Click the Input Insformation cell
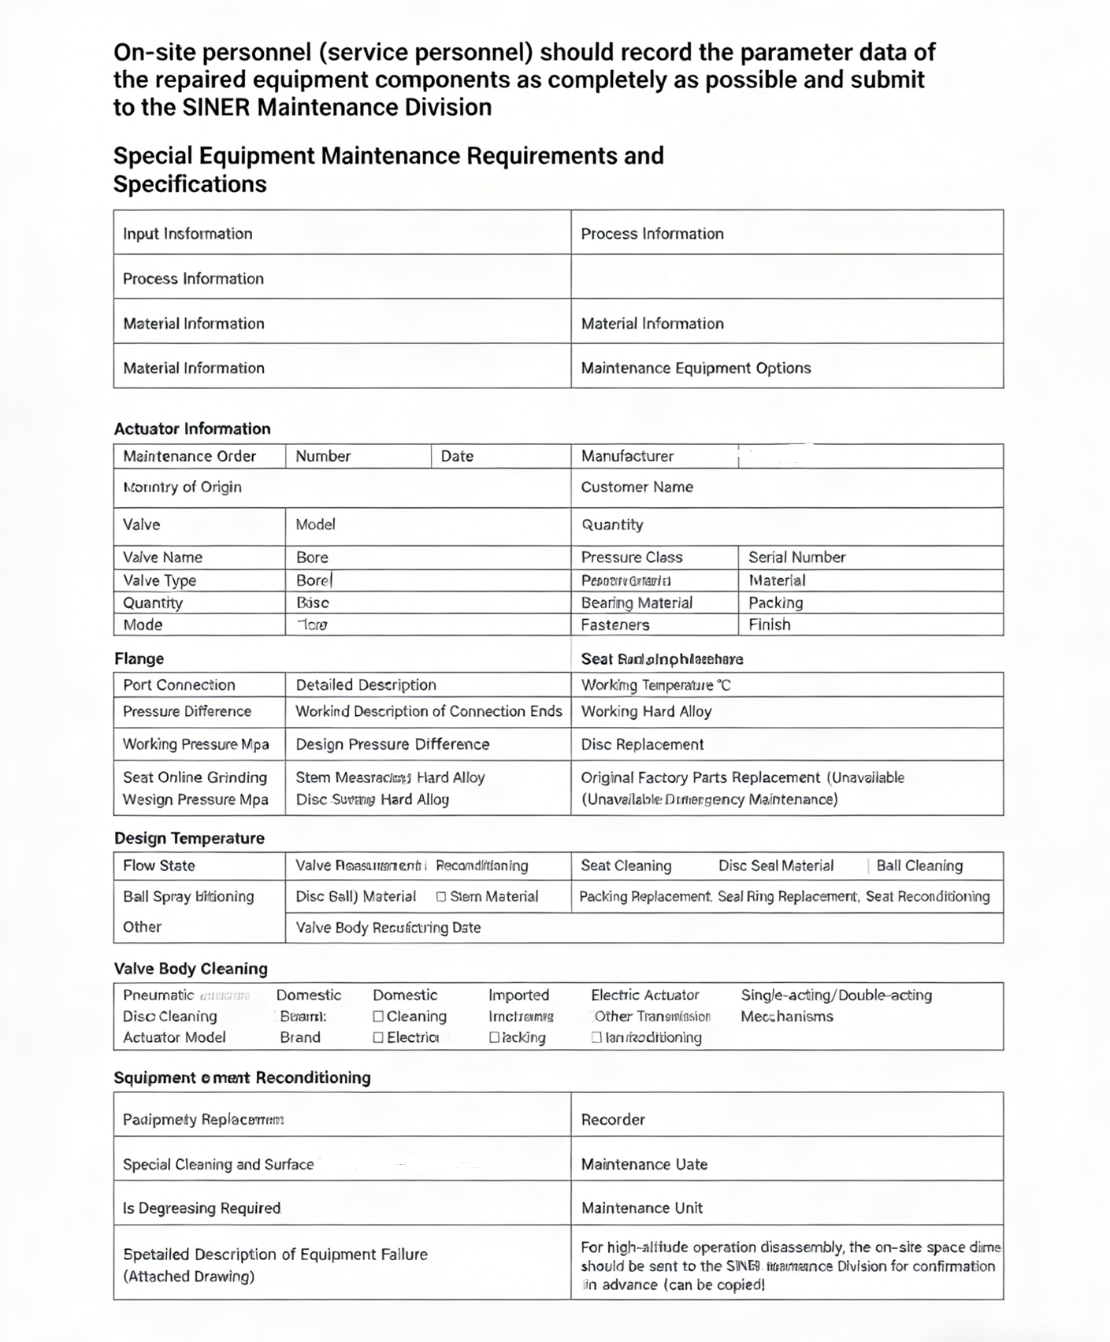[187, 234]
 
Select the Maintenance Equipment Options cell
[696, 368]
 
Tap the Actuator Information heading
[192, 428]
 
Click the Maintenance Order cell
[189, 456]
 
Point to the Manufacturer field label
[627, 456]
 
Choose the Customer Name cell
[637, 487]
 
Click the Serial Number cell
[796, 557]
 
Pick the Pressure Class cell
[632, 557]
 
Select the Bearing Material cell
[637, 602]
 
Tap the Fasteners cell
[615, 625]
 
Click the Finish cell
[769, 625]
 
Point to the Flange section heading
[139, 658]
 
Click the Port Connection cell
[179, 684]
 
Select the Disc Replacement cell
[642, 744]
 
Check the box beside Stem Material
[441, 896]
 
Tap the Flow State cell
[158, 866]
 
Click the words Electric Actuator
[644, 995]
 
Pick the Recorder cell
[613, 1119]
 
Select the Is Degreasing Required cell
[202, 1207]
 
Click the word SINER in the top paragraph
[216, 107]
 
